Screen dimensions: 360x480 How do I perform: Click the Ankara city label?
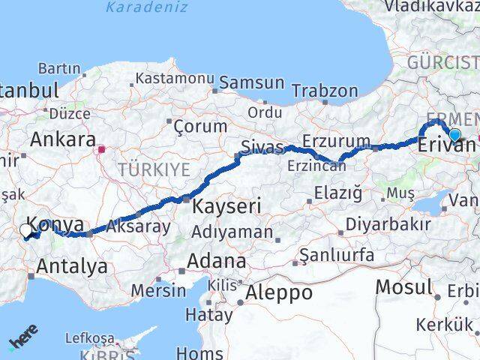click(63, 139)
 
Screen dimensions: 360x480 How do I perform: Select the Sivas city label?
click(262, 147)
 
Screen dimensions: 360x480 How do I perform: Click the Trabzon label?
click(325, 91)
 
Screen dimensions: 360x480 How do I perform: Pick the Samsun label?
click(252, 83)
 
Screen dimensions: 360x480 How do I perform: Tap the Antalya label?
click(71, 265)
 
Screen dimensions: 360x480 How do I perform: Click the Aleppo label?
click(278, 292)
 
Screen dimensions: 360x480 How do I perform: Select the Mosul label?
click(403, 286)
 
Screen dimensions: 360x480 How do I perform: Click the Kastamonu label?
click(175, 78)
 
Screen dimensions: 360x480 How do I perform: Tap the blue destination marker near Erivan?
click(454, 135)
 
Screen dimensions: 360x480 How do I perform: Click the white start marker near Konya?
click(27, 231)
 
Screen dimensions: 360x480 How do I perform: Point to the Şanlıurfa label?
click(337, 255)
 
